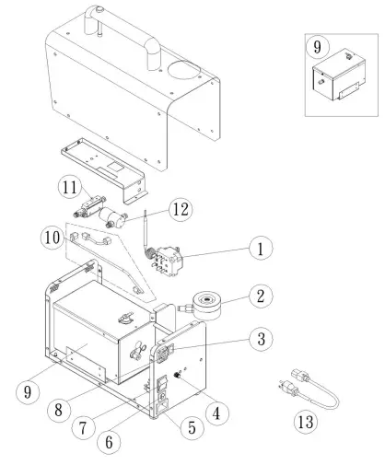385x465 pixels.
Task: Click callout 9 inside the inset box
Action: tap(319, 45)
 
